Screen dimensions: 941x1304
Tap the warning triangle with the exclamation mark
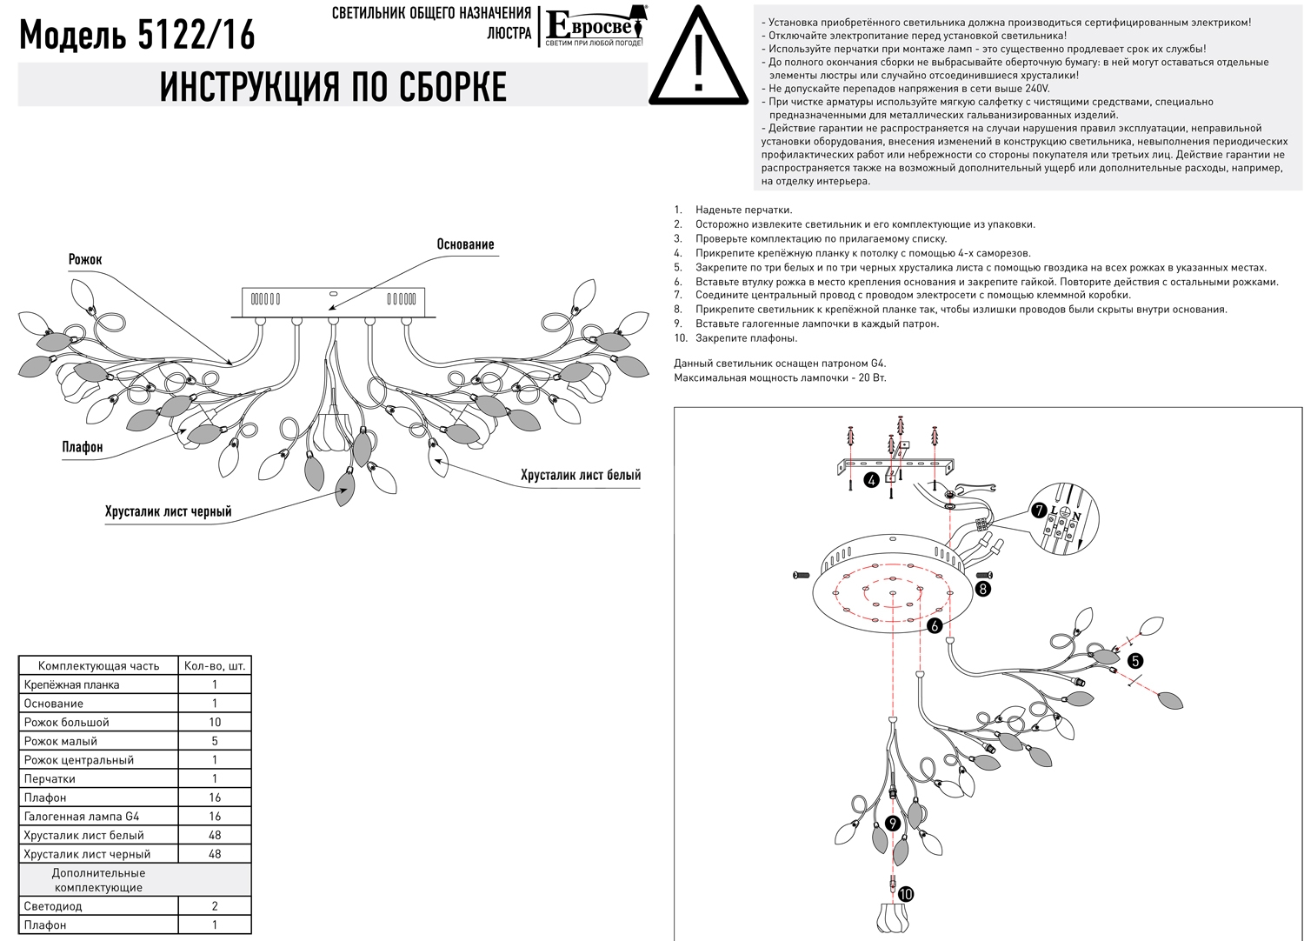tap(699, 57)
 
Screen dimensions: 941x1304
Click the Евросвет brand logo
tap(594, 27)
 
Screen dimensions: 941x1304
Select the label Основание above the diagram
tap(465, 244)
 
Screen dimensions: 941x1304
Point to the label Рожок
tap(85, 259)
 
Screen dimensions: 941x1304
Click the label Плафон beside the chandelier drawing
tap(83, 447)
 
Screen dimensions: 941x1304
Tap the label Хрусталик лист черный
tap(169, 511)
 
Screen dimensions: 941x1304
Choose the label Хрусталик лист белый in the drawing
tap(581, 475)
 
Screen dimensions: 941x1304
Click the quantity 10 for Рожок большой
tap(215, 722)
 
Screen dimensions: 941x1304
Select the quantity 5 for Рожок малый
tap(215, 741)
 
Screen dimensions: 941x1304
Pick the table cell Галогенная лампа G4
tap(82, 817)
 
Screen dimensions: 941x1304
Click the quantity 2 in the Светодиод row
tap(215, 906)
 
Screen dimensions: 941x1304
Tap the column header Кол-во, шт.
tap(215, 666)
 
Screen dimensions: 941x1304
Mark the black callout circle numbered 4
tap(871, 480)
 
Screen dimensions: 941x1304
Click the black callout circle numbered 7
tap(1038, 511)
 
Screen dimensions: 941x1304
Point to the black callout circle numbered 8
tap(982, 589)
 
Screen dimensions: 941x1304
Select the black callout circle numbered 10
tap(907, 893)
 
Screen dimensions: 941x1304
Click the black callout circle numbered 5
tap(1134, 661)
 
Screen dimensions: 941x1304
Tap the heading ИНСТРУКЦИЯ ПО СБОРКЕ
tap(333, 87)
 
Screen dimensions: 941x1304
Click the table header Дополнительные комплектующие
tap(98, 880)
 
